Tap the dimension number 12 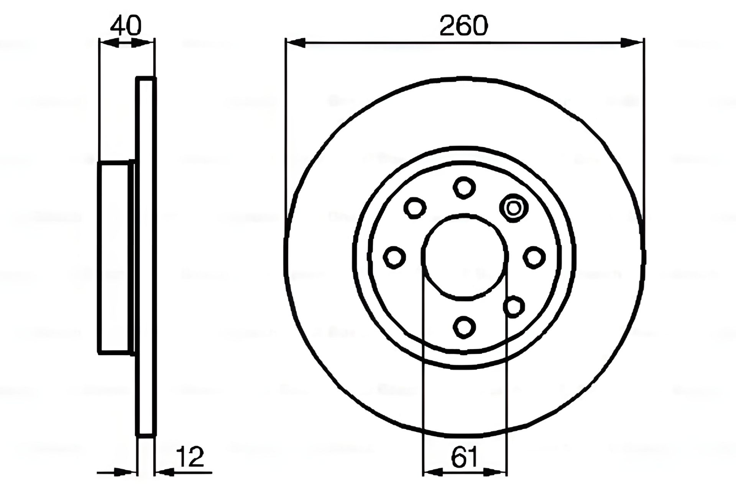tap(191, 457)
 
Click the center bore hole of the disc tap(465, 257)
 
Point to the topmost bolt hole tap(464, 188)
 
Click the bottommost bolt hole tap(464, 328)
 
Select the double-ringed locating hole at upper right tap(514, 208)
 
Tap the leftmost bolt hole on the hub tap(394, 257)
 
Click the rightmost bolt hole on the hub tap(534, 257)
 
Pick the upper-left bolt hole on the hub tap(415, 208)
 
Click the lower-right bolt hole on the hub tap(514, 307)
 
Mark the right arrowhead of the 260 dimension tap(632, 43)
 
